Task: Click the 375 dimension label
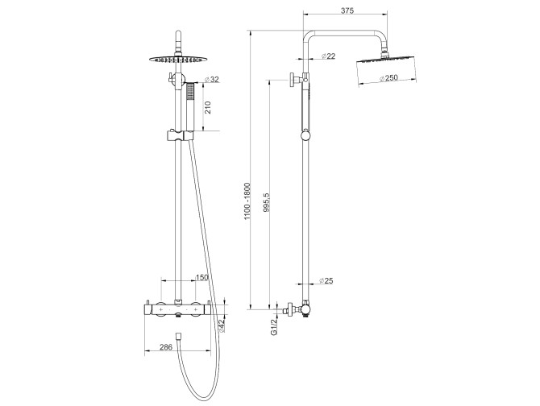point(347,10)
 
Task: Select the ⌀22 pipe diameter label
point(328,56)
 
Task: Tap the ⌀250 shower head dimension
point(388,78)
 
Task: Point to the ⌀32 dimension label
point(211,80)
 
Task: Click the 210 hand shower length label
point(208,107)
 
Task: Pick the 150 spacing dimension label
point(201,277)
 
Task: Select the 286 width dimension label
point(166,347)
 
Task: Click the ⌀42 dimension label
point(222,325)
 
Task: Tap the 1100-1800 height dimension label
point(247,201)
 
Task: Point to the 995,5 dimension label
point(266,202)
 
